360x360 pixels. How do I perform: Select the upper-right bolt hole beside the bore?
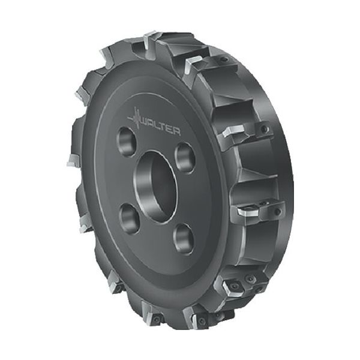185,157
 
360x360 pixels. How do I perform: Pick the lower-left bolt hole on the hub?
130,219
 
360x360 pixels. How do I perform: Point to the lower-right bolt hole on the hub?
184,239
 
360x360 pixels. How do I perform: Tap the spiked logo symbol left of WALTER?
136,118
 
